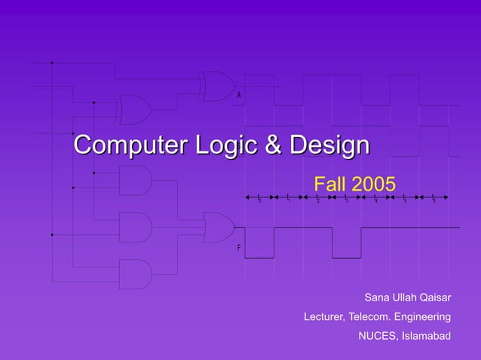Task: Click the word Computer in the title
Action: tap(125, 145)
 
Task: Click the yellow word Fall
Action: tap(329, 184)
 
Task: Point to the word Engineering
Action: tap(424, 316)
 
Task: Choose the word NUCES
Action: tap(375, 335)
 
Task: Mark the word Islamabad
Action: tap(425, 335)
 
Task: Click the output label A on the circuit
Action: tap(239, 96)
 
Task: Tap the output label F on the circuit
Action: tap(239, 248)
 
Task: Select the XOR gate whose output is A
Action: tap(217, 86)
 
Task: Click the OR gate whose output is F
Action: tap(218, 227)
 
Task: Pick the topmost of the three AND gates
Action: tap(135, 180)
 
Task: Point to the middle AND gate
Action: tap(135, 227)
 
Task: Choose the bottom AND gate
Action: tap(135, 274)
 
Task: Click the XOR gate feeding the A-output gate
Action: tap(134, 109)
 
